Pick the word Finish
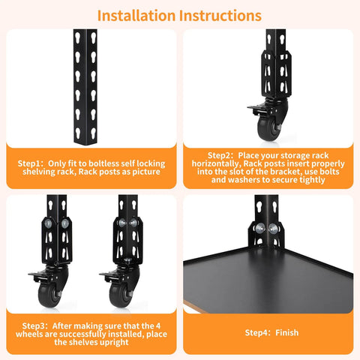tap(286, 332)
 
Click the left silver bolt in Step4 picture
tap(259, 229)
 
